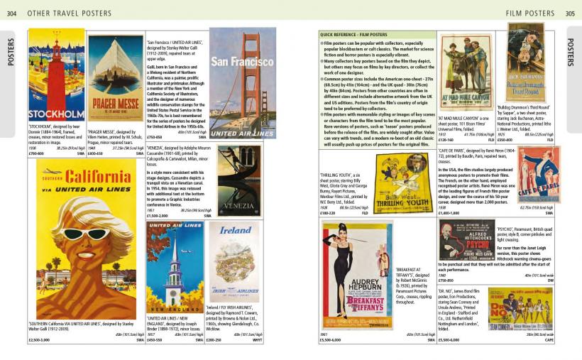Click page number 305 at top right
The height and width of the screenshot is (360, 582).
click(x=571, y=13)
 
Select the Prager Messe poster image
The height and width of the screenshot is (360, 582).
click(x=115, y=79)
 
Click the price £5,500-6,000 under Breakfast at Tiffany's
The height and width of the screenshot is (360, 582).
click(x=332, y=340)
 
